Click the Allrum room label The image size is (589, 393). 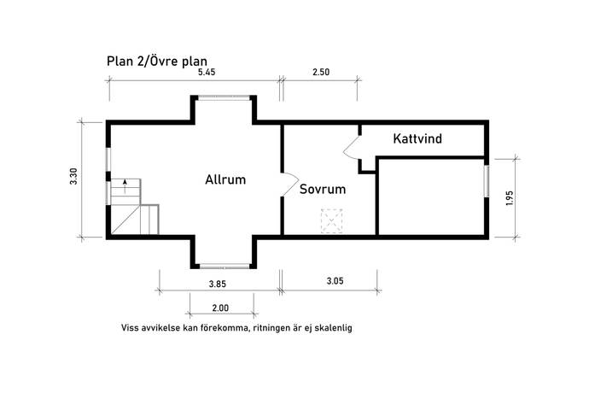click(225, 179)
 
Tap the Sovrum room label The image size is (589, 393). click(323, 189)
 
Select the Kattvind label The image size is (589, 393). click(417, 138)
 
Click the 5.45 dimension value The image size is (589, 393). click(207, 73)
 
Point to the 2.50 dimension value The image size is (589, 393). click(321, 73)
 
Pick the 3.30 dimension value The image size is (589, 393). click(73, 176)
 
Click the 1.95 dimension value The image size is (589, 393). click(510, 198)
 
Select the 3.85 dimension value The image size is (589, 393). click(218, 284)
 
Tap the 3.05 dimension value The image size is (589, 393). click(335, 281)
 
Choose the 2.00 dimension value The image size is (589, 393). click(220, 308)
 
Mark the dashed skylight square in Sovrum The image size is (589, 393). click(332, 221)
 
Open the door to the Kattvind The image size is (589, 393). click(352, 148)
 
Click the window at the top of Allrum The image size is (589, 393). click(224, 97)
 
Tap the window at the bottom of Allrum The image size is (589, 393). click(225, 267)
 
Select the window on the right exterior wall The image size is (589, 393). click(487, 181)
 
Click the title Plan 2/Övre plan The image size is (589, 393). click(157, 61)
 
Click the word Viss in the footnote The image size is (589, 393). click(129, 328)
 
